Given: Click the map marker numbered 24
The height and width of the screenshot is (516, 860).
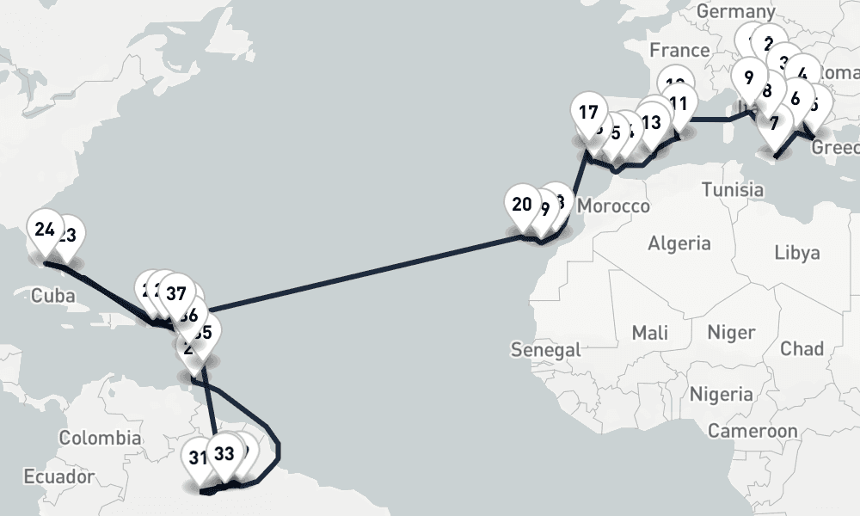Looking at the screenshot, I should (45, 230).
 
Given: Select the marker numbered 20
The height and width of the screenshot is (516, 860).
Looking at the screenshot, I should (522, 205).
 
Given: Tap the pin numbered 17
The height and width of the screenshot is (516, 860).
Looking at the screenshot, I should (588, 113).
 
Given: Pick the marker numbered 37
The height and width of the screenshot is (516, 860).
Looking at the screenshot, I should (176, 293).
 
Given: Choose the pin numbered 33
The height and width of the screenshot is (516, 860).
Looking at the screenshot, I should (224, 453).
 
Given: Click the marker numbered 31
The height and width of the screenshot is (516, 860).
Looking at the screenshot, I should (199, 457).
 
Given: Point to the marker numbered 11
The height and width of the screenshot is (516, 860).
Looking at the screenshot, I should (678, 104).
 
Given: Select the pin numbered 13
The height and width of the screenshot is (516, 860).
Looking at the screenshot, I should (651, 122).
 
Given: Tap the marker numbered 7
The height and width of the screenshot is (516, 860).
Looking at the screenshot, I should (775, 124).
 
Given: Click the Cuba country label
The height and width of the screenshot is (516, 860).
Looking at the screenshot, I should (53, 296).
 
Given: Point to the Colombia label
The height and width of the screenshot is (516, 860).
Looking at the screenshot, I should (100, 438).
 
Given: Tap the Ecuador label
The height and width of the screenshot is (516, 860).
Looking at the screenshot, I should (58, 476).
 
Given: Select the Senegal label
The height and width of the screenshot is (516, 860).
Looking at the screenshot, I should (545, 349).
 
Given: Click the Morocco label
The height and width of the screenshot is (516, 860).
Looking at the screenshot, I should (613, 206).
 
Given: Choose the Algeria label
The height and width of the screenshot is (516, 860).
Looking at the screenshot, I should (679, 243).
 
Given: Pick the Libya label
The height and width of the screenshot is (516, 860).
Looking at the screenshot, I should (796, 253).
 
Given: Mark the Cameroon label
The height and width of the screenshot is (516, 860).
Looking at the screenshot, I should (752, 430).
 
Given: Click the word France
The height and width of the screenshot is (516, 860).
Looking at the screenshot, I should (679, 49).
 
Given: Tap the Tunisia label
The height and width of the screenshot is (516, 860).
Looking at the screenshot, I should (732, 188).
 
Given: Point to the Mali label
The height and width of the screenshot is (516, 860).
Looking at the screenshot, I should (650, 332).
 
